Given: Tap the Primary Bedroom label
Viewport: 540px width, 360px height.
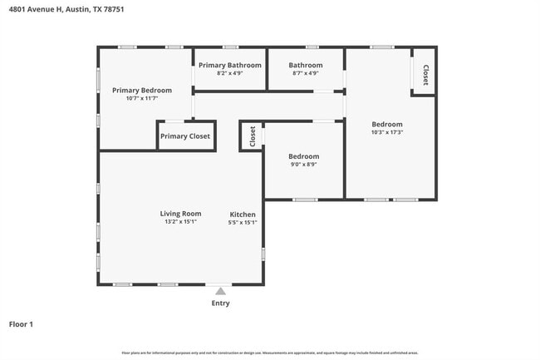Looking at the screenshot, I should pyautogui.click(x=142, y=90).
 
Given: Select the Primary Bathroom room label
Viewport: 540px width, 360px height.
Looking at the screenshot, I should pyautogui.click(x=229, y=65).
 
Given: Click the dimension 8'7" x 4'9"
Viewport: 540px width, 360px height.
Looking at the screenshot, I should pyautogui.click(x=305, y=73).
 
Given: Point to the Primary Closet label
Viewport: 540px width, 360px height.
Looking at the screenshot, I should pyautogui.click(x=185, y=136).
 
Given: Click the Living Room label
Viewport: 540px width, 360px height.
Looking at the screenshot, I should pyautogui.click(x=180, y=214).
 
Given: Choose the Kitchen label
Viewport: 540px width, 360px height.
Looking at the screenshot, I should pyautogui.click(x=243, y=215).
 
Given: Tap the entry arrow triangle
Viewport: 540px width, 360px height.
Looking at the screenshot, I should pyautogui.click(x=220, y=291).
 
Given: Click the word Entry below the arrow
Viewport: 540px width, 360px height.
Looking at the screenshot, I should pyautogui.click(x=220, y=303).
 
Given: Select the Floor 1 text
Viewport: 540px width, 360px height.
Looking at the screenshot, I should pyautogui.click(x=21, y=324).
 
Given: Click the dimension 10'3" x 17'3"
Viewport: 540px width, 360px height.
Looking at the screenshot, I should pyautogui.click(x=387, y=132).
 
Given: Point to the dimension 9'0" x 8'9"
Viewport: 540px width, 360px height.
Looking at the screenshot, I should pyautogui.click(x=303, y=165).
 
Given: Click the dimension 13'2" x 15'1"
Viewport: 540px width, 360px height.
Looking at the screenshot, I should pyautogui.click(x=180, y=222).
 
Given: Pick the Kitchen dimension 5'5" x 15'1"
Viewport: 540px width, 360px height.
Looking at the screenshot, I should pyautogui.click(x=243, y=222).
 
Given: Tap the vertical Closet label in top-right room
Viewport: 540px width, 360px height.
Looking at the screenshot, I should pyautogui.click(x=425, y=75).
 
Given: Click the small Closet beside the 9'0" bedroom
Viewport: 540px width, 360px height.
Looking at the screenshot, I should pyautogui.click(x=252, y=136).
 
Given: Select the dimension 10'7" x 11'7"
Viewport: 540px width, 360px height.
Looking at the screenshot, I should pyautogui.click(x=142, y=98).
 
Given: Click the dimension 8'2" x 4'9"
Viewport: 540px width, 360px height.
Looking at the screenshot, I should pyautogui.click(x=229, y=73).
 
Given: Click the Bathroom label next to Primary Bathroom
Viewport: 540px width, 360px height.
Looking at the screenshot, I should pyautogui.click(x=305, y=65).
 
